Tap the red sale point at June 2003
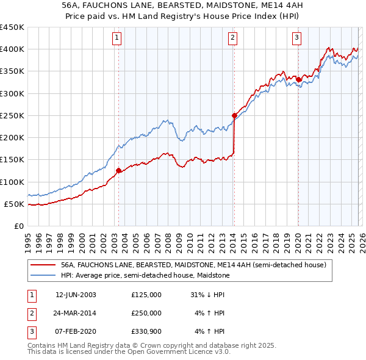coord(118,171)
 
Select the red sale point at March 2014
coord(234,115)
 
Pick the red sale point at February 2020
coord(298,79)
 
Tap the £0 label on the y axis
coord(19,226)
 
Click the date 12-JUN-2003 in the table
coord(76,295)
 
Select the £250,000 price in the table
coord(146,313)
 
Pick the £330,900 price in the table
coord(146,331)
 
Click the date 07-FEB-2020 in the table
coord(76,331)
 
